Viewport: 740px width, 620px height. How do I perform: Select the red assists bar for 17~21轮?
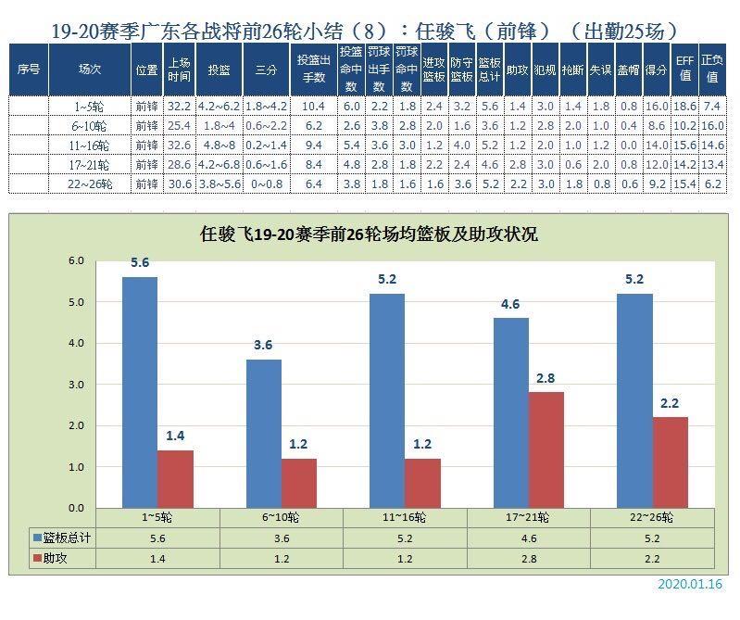(546, 449)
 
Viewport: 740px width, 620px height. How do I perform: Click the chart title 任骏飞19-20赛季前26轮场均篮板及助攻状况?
(369, 234)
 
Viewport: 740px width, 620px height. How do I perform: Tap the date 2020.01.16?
(690, 585)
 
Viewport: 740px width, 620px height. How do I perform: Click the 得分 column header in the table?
(657, 70)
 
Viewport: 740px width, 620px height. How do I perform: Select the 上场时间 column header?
(180, 70)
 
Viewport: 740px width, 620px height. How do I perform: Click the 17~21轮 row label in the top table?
(90, 165)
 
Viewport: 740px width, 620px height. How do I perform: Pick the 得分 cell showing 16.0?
(657, 107)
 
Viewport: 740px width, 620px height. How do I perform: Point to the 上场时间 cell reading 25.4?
(180, 125)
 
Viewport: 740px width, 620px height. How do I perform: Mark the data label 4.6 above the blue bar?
(510, 304)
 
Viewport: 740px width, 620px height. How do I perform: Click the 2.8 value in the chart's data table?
(529, 559)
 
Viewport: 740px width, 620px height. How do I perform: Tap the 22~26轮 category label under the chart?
(653, 516)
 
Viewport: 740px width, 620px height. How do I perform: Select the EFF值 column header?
(685, 70)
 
